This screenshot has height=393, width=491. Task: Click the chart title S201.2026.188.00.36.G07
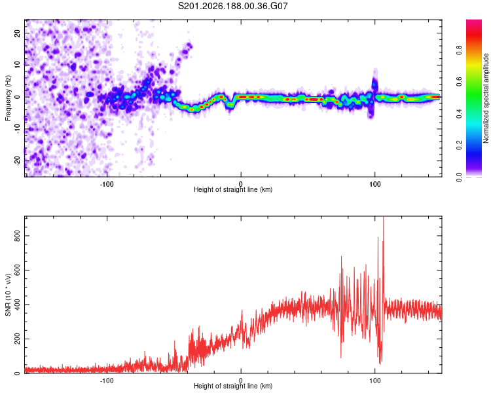pyautogui.click(x=232, y=6)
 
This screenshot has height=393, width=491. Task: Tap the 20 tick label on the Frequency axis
pyautogui.click(x=17, y=33)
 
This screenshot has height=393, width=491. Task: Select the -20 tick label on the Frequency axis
pyautogui.click(x=17, y=160)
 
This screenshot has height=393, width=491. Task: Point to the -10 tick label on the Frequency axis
pyautogui.click(x=17, y=129)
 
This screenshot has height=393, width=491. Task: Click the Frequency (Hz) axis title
pyautogui.click(x=8, y=98)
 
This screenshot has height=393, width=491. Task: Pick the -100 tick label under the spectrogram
pyautogui.click(x=107, y=184)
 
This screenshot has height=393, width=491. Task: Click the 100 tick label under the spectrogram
pyautogui.click(x=375, y=184)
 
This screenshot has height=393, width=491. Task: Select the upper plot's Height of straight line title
pyautogui.click(x=233, y=189)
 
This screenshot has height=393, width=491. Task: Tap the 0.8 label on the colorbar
pyautogui.click(x=459, y=50)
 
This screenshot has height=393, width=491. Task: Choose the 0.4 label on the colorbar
pyautogui.click(x=459, y=114)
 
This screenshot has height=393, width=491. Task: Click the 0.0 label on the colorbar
pyautogui.click(x=459, y=177)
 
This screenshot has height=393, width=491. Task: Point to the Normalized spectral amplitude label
pyautogui.click(x=486, y=98)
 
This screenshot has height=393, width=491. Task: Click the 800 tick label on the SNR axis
pyautogui.click(x=17, y=236)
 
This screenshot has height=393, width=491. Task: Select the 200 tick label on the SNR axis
pyautogui.click(x=17, y=339)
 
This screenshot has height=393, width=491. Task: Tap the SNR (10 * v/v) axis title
pyautogui.click(x=8, y=295)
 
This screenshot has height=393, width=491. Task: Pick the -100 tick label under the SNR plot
pyautogui.click(x=107, y=381)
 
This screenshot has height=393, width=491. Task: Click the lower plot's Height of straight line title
pyautogui.click(x=233, y=386)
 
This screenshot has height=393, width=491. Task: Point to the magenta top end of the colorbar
pyautogui.click(x=474, y=22)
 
